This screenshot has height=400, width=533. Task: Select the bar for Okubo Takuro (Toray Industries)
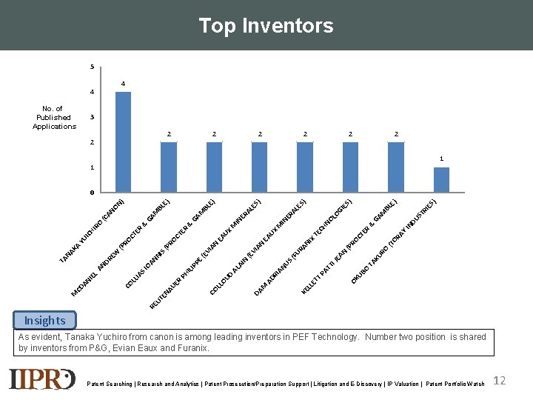point(441,180)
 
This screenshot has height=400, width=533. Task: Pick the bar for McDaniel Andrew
point(169,167)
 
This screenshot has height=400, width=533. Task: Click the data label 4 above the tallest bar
point(124,83)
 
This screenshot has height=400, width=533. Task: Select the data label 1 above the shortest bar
point(441,159)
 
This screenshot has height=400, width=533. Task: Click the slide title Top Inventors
point(266,26)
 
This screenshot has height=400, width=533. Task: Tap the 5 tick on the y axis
point(92,67)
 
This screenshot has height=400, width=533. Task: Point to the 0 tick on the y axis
point(92,193)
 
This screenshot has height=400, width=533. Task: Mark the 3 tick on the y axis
point(92,117)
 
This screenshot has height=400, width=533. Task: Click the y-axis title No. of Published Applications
point(54,117)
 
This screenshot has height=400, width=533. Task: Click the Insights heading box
point(44,320)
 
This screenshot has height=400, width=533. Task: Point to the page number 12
point(500,380)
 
